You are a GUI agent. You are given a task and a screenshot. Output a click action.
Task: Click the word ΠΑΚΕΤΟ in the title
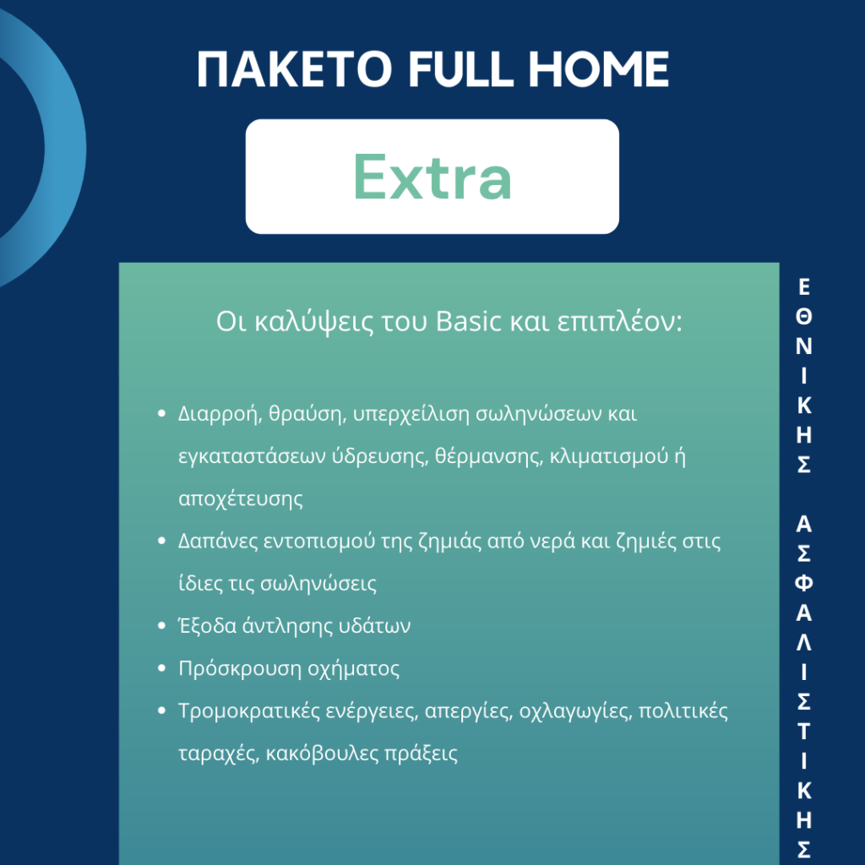[x=295, y=69]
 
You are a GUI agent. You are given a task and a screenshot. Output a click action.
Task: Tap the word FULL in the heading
[x=460, y=69]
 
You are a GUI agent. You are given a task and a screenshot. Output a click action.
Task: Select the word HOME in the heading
[x=599, y=69]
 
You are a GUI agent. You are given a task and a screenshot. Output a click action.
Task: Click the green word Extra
[x=432, y=177]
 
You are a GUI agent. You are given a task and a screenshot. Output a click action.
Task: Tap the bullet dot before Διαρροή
[x=161, y=413]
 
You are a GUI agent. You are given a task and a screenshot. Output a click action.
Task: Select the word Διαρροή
[x=220, y=414]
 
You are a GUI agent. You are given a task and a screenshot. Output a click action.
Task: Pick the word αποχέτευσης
[x=241, y=499]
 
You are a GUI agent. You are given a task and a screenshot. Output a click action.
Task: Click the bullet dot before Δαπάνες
[x=161, y=541]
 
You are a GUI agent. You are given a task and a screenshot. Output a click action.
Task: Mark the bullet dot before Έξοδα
[x=161, y=626]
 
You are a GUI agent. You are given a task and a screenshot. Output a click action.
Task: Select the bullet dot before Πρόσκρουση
[x=161, y=668]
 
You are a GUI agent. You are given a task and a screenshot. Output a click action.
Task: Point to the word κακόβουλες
[x=322, y=753]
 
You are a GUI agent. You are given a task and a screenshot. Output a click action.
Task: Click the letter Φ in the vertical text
[x=804, y=583]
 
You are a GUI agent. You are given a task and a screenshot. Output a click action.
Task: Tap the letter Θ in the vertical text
[x=804, y=316]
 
